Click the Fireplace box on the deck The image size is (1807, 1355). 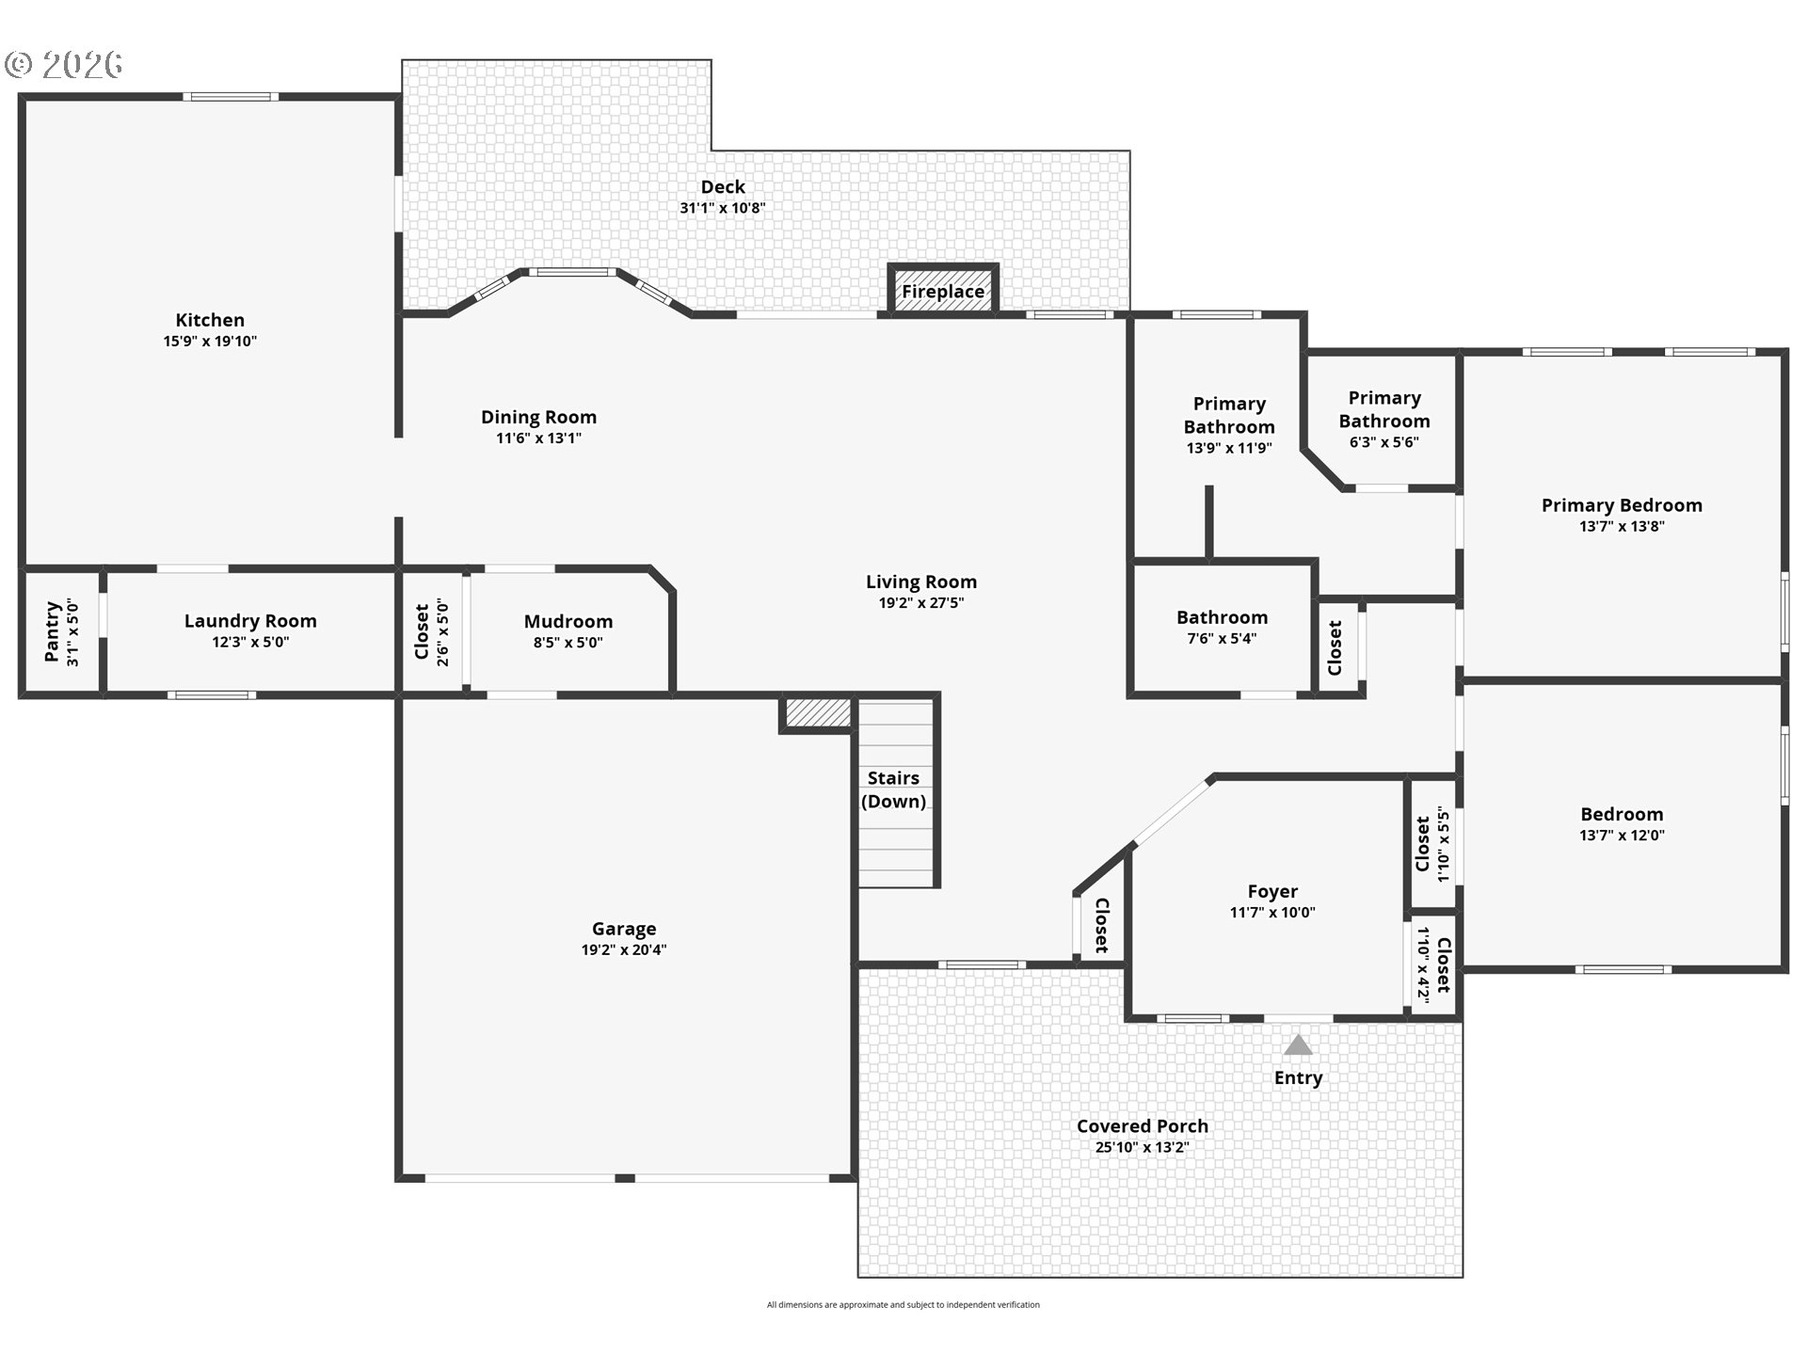click(x=942, y=290)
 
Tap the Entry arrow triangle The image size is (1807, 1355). click(x=1298, y=1045)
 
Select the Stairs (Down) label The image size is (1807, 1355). click(x=893, y=789)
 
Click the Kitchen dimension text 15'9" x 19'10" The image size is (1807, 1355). click(x=210, y=342)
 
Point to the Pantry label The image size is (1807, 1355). click(x=53, y=632)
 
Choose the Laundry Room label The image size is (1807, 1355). click(x=250, y=621)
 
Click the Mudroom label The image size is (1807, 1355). click(x=568, y=622)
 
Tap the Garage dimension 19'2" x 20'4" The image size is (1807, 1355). click(x=624, y=950)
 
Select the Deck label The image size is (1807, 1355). click(x=723, y=187)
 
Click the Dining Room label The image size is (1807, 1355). click(x=538, y=417)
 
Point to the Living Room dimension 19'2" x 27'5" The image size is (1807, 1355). click(x=921, y=603)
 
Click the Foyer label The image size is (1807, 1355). click(x=1272, y=891)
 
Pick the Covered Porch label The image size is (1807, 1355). click(x=1142, y=1126)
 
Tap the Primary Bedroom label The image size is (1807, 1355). click(x=1622, y=505)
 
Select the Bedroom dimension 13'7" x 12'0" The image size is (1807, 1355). click(x=1622, y=836)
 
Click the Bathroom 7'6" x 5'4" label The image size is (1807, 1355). click(x=1222, y=618)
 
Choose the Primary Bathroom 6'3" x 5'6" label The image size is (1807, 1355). click(x=1384, y=410)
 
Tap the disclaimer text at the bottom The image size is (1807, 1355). click(x=903, y=1305)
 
